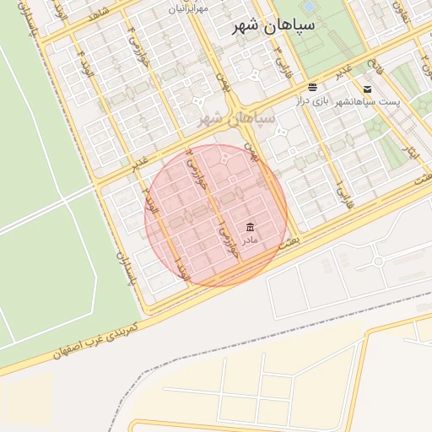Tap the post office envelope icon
point(367,89)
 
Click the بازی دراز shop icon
point(313,88)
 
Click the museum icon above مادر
point(250,227)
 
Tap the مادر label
point(250,240)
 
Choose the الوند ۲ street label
point(151,202)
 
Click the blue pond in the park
point(308,7)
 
